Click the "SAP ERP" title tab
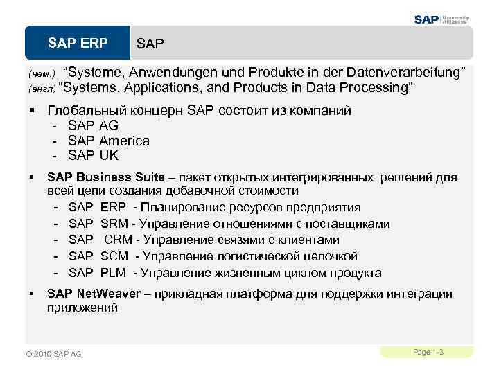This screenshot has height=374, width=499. (x=78, y=44)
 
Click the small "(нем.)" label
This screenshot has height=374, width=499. (x=41, y=74)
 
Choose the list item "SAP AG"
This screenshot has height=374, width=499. (x=93, y=125)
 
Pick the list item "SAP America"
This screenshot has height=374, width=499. (x=108, y=141)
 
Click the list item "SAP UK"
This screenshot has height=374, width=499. (x=93, y=155)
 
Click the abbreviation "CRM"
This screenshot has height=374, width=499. (x=118, y=240)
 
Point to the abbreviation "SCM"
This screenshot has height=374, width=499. (x=114, y=256)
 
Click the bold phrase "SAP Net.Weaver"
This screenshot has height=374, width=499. (x=94, y=294)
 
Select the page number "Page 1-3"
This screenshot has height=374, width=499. (x=428, y=353)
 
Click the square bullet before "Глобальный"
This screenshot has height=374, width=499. (x=32, y=111)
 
